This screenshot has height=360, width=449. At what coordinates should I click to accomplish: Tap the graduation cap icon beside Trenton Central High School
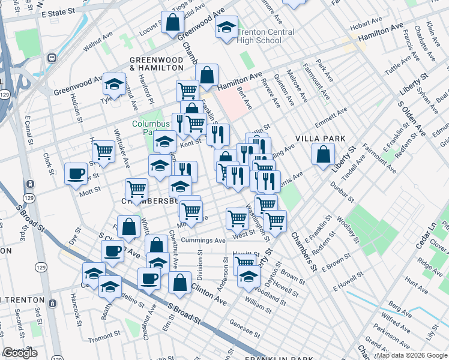[x=226, y=28]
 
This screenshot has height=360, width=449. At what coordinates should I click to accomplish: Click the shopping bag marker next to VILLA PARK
[x=324, y=155]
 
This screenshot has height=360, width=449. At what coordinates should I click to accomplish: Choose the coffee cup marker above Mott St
[x=76, y=174]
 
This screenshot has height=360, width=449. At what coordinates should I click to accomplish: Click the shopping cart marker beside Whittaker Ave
[x=104, y=151]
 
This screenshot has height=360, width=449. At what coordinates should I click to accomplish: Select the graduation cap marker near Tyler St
[x=113, y=85]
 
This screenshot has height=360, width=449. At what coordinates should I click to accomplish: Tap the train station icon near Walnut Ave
[x=52, y=58]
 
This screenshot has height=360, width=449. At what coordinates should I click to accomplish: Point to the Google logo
[x=20, y=353]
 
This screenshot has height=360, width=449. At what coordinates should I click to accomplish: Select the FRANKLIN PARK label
[x=281, y=358]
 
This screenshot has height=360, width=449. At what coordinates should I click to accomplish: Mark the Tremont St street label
[x=105, y=340]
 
